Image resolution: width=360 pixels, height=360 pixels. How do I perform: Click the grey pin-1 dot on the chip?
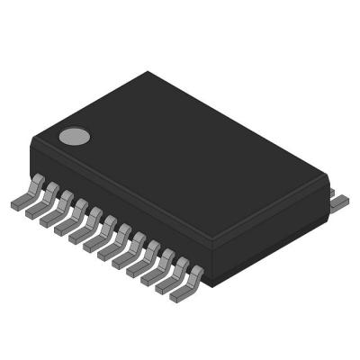click(75, 137)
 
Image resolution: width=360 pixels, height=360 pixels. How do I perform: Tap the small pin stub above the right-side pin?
click(330, 192)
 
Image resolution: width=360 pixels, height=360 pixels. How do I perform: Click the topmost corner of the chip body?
click(147, 72)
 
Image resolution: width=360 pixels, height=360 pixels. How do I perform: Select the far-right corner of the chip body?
click(326, 179)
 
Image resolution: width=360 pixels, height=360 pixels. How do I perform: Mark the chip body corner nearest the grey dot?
click(31, 139)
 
